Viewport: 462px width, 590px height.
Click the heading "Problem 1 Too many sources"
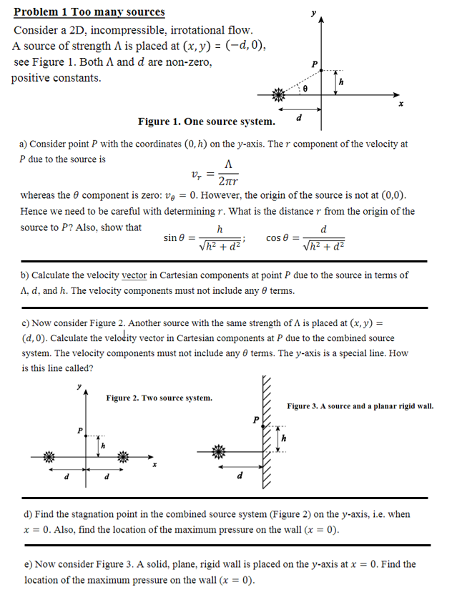point(89,11)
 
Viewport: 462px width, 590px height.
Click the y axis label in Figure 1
point(313,12)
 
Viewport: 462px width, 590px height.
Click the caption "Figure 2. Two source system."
point(159,398)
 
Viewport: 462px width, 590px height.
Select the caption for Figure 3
point(360,406)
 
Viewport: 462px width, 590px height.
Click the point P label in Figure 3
point(254,419)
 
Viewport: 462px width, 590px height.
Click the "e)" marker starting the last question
point(29,564)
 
